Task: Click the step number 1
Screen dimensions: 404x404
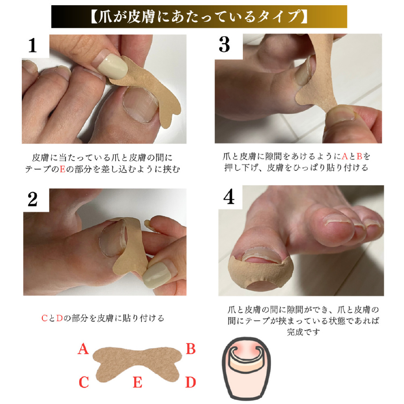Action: (33, 46)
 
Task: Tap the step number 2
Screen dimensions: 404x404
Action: (33, 199)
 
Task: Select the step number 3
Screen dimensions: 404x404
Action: (224, 45)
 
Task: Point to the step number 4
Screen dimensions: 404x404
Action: (229, 197)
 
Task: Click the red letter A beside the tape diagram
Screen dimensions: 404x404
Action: (83, 349)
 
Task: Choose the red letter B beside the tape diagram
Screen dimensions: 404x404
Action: (191, 349)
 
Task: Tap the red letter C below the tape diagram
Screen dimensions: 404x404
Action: (84, 382)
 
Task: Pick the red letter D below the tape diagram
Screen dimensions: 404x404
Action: (191, 382)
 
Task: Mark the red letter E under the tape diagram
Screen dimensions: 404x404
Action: (138, 382)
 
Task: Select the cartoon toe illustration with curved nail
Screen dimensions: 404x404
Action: (246, 368)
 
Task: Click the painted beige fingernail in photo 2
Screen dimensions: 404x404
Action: (156, 276)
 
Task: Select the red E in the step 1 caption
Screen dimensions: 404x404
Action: (63, 169)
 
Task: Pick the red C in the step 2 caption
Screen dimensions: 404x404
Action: (44, 318)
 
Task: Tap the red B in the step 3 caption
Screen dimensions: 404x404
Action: (360, 156)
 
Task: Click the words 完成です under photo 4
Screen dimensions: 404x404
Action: (303, 332)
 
